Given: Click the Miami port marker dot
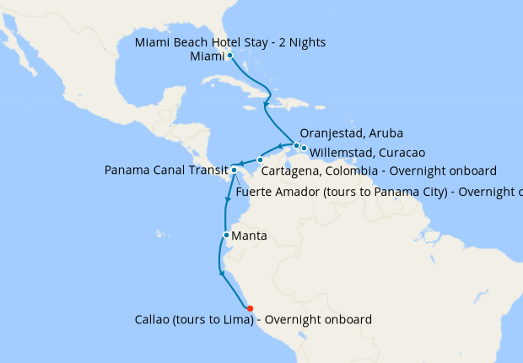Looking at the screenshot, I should pyautogui.click(x=229, y=56).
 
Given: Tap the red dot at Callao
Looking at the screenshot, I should pyautogui.click(x=251, y=307).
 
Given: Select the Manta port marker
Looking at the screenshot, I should pyautogui.click(x=226, y=236).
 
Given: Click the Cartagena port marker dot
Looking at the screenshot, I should pyautogui.click(x=261, y=160).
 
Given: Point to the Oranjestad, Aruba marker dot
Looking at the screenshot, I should pyautogui.click(x=296, y=145).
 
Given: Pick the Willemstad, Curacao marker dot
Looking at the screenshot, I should pyautogui.click(x=304, y=149).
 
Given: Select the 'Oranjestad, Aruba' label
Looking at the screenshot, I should pyautogui.click(x=352, y=133).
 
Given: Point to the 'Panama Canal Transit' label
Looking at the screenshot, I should pyautogui.click(x=166, y=171).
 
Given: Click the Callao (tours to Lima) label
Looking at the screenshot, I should pyautogui.click(x=253, y=320).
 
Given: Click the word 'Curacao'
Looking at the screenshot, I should pyautogui.click(x=399, y=153).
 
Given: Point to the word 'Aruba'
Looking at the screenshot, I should pyautogui.click(x=386, y=133).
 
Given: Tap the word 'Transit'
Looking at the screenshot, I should pyautogui.click(x=207, y=171).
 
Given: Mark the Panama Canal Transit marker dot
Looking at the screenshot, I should pyautogui.click(x=234, y=171).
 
